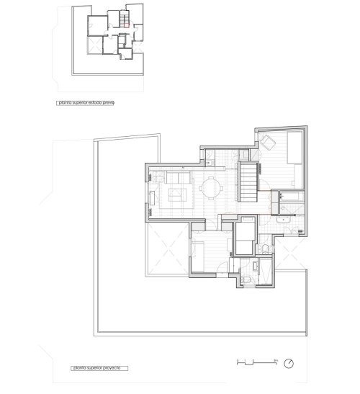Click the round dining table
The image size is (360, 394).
(212, 189)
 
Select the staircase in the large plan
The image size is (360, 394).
(249, 183)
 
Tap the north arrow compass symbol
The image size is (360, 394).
(289, 362)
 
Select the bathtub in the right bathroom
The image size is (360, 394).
(290, 196)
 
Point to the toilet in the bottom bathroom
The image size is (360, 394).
(246, 277)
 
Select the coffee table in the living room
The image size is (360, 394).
(175, 193)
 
